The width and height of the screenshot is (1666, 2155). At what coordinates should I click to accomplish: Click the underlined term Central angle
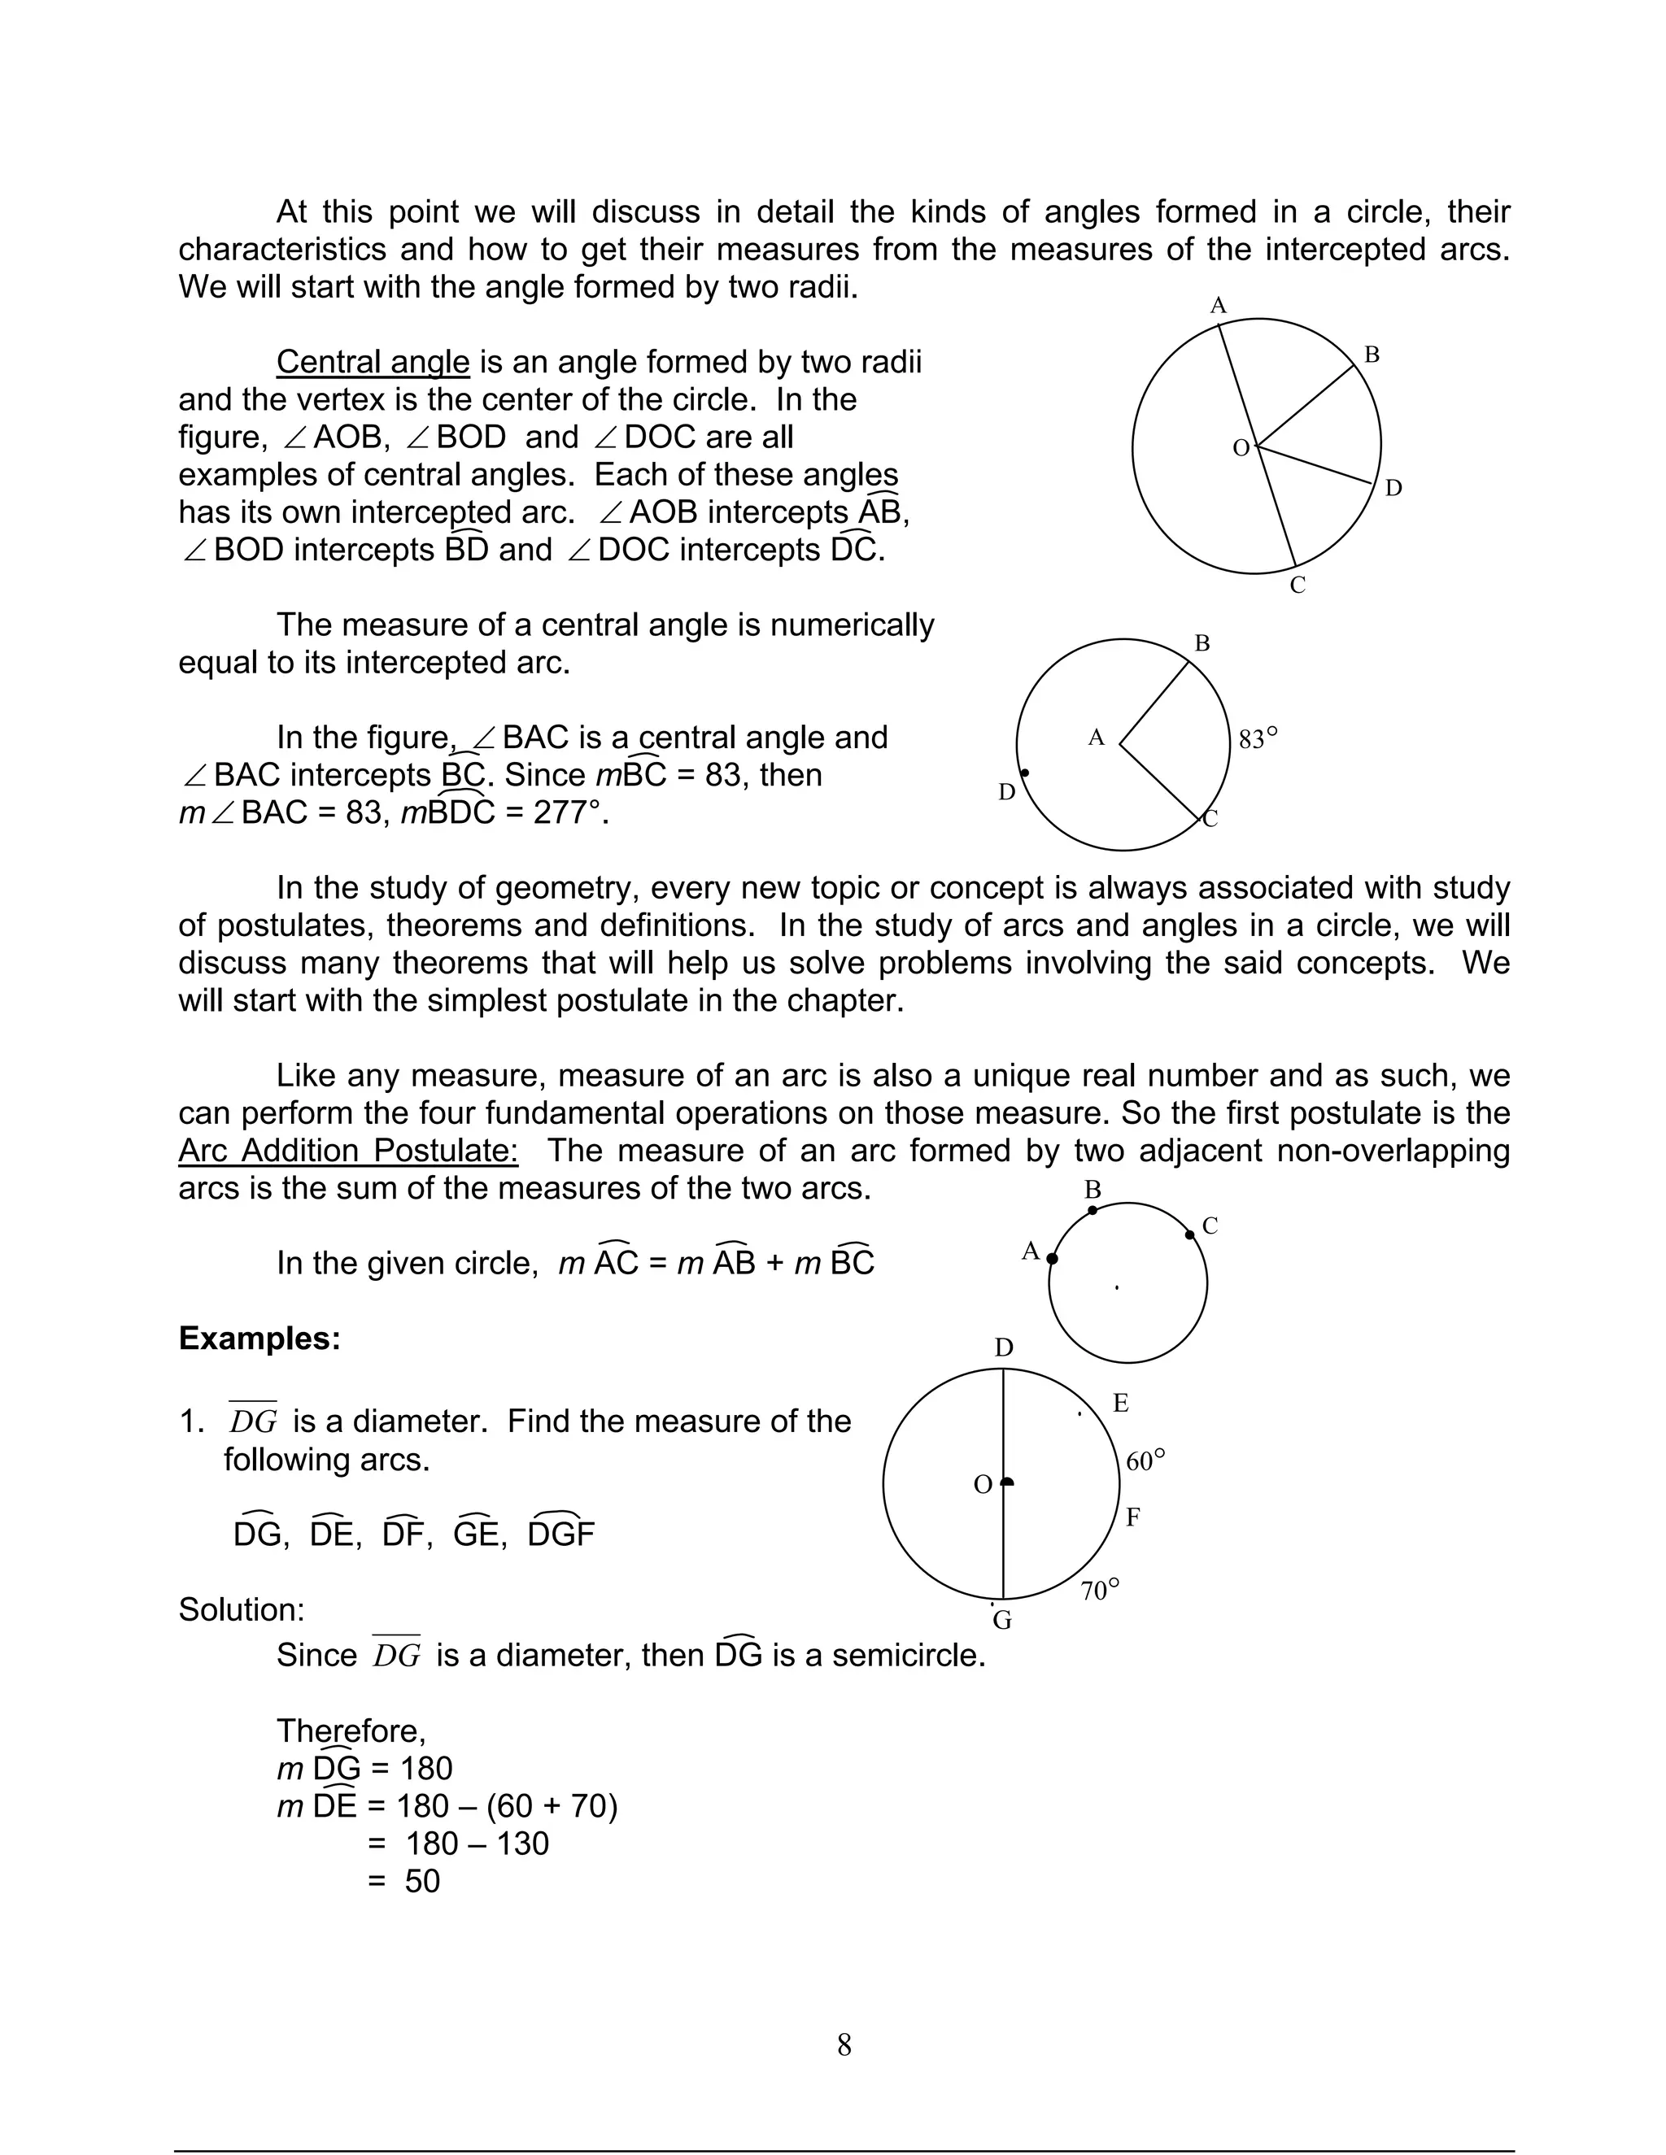[372, 362]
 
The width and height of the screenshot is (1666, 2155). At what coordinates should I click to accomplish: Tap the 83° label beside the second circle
[1258, 739]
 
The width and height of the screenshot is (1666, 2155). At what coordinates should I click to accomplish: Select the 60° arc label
[1145, 1461]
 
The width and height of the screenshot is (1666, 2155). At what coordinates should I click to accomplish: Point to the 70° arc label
[1100, 1591]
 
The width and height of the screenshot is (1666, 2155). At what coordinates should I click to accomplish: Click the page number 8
[844, 2045]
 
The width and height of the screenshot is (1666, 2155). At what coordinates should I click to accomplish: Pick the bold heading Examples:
[259, 1339]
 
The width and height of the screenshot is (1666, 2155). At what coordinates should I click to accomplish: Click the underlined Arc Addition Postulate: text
[347, 1151]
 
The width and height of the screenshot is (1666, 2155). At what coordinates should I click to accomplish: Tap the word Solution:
[241, 1610]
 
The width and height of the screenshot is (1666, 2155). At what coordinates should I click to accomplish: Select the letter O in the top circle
[1241, 449]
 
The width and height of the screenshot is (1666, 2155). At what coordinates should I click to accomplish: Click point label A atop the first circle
[1218, 306]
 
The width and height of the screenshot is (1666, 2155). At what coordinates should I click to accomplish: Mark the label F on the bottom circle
[1132, 1517]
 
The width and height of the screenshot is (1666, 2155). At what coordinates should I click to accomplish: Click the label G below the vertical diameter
[1003, 1620]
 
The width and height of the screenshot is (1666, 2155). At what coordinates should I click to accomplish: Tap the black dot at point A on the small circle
[1052, 1259]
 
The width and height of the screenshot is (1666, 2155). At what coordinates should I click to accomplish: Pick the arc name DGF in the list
[560, 1535]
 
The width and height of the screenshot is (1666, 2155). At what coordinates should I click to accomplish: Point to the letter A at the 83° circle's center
[1096, 738]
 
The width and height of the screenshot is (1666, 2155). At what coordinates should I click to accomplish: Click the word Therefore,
[351, 1731]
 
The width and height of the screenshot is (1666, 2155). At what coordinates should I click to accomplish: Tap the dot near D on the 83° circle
[1024, 773]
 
